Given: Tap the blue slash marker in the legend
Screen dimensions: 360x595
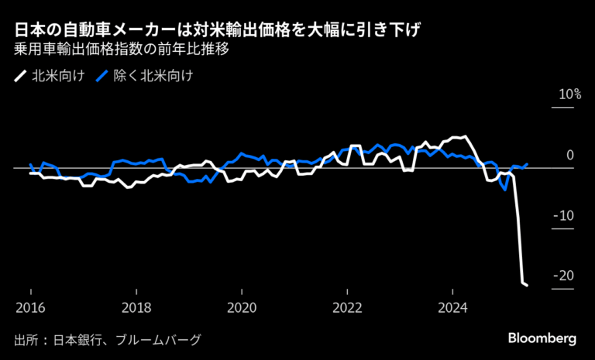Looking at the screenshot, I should coord(101,77).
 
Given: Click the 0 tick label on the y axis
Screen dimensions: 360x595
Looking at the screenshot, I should coord(569,156).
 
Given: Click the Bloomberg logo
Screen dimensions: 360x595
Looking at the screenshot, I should coord(542,339).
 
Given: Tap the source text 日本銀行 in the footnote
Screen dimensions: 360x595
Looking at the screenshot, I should coord(77,340).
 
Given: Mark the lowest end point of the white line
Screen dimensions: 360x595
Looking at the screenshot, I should coord(528,286).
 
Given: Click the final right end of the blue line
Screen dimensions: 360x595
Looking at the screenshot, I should coord(528,163).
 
